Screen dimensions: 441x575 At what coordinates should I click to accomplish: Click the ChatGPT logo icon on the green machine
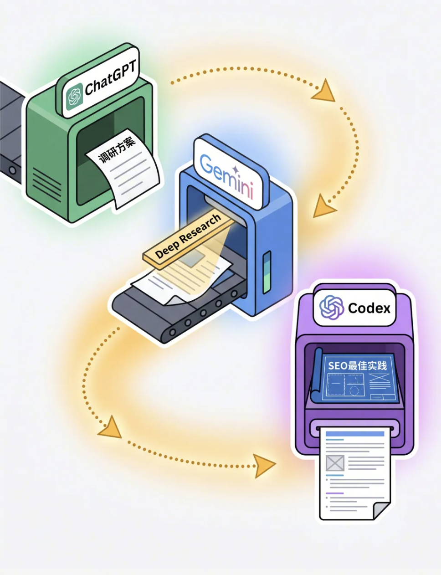[x=74, y=97]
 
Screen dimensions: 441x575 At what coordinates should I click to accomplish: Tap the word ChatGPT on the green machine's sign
[x=111, y=77]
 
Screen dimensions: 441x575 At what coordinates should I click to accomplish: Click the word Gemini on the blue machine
[x=226, y=176]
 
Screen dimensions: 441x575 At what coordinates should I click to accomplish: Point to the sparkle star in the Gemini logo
[x=235, y=169]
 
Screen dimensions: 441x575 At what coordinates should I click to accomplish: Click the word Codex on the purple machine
[x=369, y=308]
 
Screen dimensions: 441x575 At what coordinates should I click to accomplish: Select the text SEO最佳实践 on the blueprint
[x=358, y=365]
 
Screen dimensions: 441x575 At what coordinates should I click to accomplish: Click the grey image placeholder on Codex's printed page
[x=335, y=463]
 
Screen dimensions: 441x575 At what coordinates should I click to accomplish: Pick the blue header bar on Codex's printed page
[x=355, y=434]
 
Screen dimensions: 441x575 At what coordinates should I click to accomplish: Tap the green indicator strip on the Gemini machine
[x=267, y=272]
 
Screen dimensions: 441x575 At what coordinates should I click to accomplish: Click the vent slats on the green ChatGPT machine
[x=47, y=183]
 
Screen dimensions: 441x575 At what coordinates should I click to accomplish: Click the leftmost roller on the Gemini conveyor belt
[x=172, y=332]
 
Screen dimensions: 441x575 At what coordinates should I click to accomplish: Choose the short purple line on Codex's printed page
[x=335, y=493]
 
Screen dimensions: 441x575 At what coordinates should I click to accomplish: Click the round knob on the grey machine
[x=12, y=170]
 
